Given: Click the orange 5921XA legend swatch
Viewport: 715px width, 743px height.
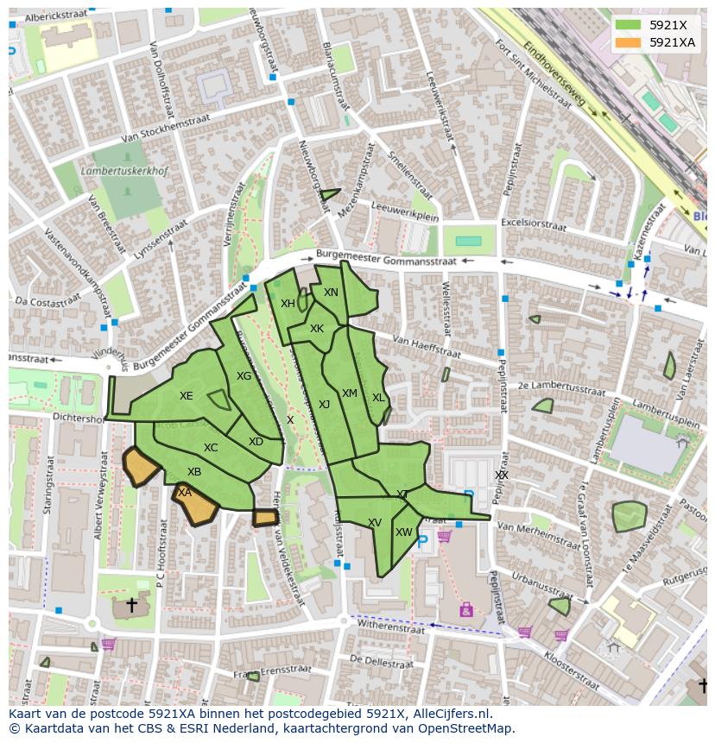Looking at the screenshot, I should coord(629,42).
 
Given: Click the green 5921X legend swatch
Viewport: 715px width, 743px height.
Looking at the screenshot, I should coord(629,25).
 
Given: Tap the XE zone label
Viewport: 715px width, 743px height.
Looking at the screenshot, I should coord(187,396).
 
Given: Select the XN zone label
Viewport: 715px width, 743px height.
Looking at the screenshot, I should coord(331,293).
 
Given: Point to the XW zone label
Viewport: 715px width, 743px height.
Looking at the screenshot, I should coord(404,532).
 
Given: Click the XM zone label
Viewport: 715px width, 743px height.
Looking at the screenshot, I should coord(349,394).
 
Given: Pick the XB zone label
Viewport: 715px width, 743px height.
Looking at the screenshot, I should coord(194,472).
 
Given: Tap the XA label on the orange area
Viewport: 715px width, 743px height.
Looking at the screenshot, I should coord(184,493).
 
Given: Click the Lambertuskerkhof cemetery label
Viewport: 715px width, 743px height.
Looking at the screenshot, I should coord(124,172).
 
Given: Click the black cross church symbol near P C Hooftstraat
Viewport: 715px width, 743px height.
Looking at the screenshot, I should coord(132,605).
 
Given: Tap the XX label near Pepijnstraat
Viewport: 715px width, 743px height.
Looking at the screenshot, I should coord(502,475).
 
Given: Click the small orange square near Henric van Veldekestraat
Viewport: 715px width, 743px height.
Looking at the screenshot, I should coord(265,518).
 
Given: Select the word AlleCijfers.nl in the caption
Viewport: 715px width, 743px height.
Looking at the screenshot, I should coord(452,714).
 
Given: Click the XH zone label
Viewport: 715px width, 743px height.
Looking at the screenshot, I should coord(288,304).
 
